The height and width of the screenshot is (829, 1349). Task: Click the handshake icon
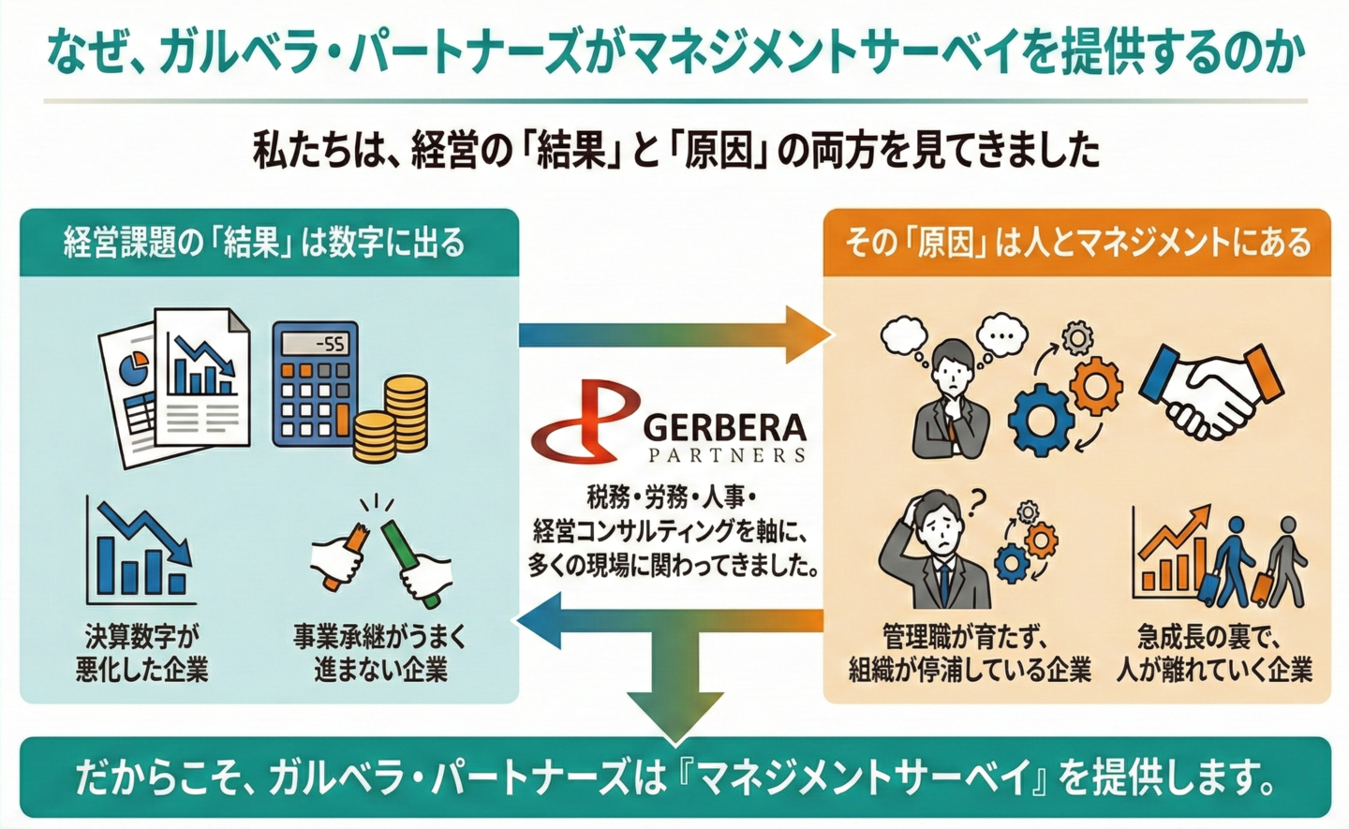(x=1210, y=388)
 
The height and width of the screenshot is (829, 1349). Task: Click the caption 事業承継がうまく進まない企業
(x=379, y=653)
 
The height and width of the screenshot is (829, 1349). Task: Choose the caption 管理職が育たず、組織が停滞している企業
(x=970, y=653)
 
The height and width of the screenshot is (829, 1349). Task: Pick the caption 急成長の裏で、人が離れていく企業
(x=1214, y=653)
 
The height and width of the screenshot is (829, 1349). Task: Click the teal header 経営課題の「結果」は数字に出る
(x=265, y=243)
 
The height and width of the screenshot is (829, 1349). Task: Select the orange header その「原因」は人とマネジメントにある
(x=1077, y=243)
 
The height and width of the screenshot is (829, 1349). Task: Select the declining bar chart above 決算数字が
(x=141, y=553)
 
